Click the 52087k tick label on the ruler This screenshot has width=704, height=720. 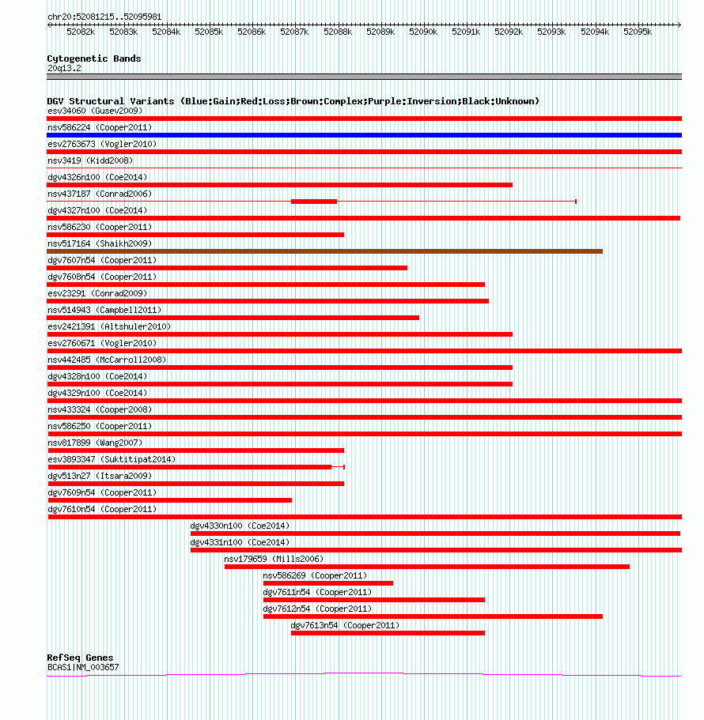tap(294, 32)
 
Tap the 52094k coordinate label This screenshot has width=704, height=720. tap(595, 32)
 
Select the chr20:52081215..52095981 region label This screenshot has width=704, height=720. tap(104, 17)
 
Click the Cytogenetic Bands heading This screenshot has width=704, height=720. tap(94, 58)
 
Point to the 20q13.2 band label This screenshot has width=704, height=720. tap(64, 69)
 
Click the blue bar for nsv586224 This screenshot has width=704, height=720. tap(364, 135)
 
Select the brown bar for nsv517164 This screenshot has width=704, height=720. tap(324, 251)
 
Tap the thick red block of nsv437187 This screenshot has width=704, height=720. tap(314, 202)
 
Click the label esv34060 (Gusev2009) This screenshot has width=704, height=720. tap(95, 111)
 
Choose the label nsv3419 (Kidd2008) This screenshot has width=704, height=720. tap(90, 160)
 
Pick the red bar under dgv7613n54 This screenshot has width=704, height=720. tap(388, 633)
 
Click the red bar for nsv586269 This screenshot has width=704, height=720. tap(328, 583)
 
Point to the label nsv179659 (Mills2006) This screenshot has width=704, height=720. tap(274, 560)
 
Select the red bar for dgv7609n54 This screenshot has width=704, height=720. tap(169, 500)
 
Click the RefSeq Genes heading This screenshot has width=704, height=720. tap(80, 658)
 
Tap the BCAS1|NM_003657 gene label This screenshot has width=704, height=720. tap(83, 667)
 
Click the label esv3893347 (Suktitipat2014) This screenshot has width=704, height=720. tap(112, 460)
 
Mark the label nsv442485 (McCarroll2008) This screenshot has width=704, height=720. tap(107, 360)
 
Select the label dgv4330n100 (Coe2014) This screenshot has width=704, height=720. tap(240, 526)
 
